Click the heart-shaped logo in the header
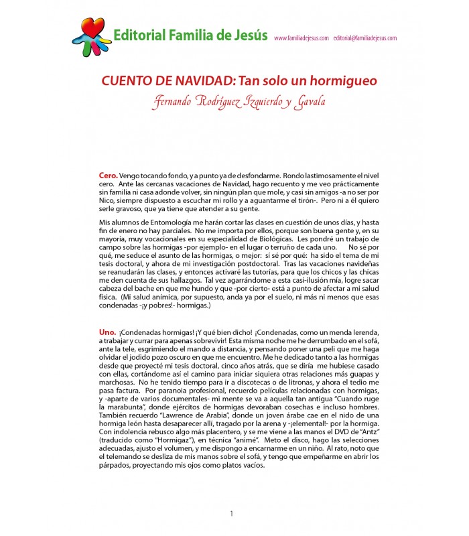(x=92, y=36)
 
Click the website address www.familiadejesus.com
(x=301, y=38)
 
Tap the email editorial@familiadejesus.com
(x=364, y=38)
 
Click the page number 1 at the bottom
(x=232, y=514)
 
